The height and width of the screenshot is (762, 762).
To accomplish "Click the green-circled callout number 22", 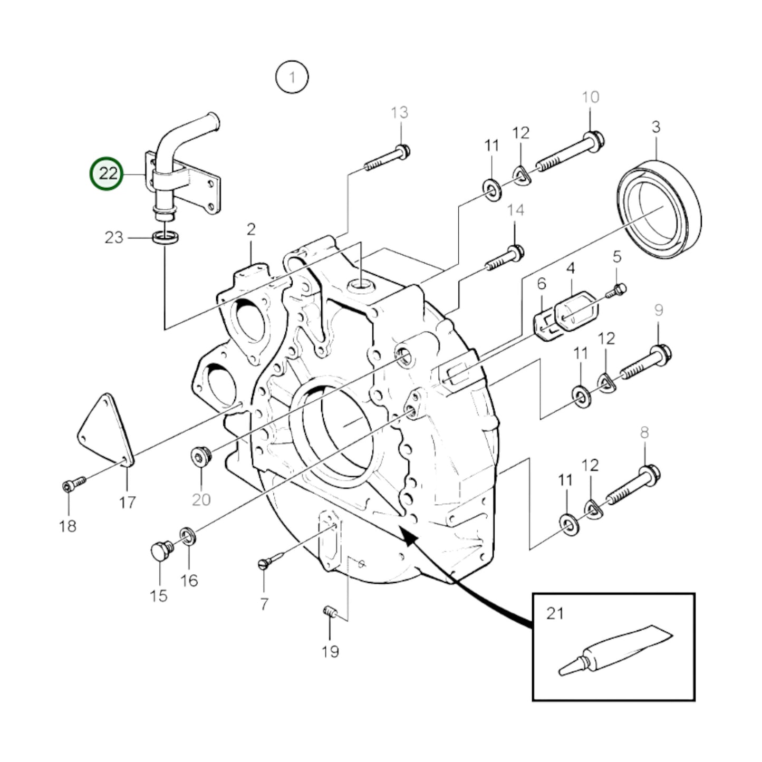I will point(107,173).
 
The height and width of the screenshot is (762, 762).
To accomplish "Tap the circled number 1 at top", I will point(292,78).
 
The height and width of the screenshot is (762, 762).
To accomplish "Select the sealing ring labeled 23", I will point(165,238).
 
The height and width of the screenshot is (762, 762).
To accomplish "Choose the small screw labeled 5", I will point(616,291).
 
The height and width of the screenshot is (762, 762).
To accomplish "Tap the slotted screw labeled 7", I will point(271,560).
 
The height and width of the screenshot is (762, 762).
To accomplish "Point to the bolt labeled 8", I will point(633,485).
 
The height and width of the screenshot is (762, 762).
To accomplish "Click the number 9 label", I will point(658,311).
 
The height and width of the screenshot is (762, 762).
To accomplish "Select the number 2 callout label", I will point(251,229).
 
